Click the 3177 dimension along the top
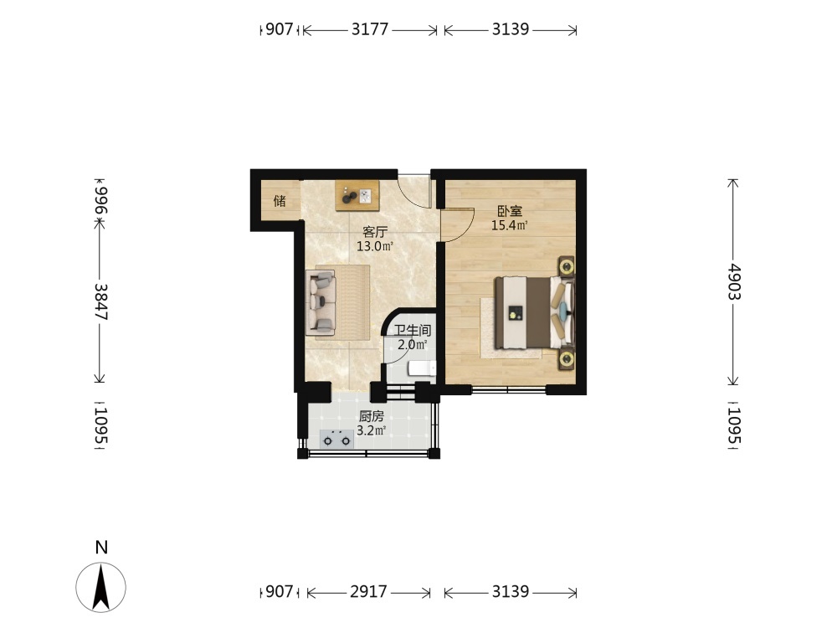(x=369, y=28)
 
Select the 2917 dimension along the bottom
(x=368, y=592)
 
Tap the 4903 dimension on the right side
(x=733, y=281)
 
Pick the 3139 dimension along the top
(x=511, y=28)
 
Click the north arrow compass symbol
(x=101, y=587)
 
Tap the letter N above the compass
(x=101, y=548)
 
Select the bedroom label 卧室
(x=510, y=212)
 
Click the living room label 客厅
(x=375, y=232)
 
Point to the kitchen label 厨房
(x=371, y=416)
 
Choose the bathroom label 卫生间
(x=413, y=331)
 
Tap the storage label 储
(x=280, y=201)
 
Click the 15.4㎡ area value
(x=510, y=225)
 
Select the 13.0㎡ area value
(x=375, y=246)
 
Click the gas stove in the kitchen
(x=336, y=439)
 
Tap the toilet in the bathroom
(x=422, y=368)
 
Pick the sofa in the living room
(x=321, y=302)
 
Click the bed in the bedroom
(x=535, y=311)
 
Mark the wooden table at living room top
(x=357, y=195)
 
